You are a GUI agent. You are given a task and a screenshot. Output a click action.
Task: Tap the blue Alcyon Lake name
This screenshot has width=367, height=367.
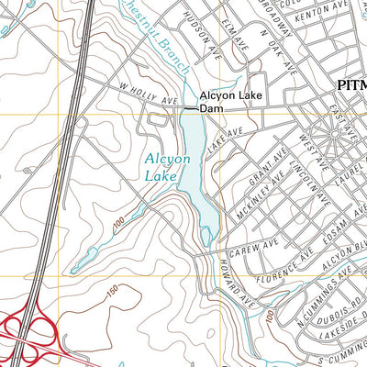167,165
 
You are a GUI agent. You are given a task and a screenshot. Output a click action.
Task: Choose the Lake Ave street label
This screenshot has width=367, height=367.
225,139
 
